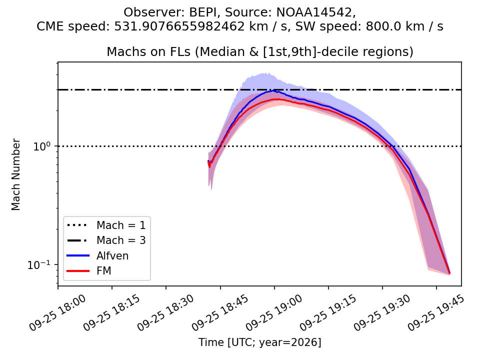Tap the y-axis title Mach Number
15,174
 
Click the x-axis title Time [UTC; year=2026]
260,342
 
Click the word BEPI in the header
205,12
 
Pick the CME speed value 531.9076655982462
179,26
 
